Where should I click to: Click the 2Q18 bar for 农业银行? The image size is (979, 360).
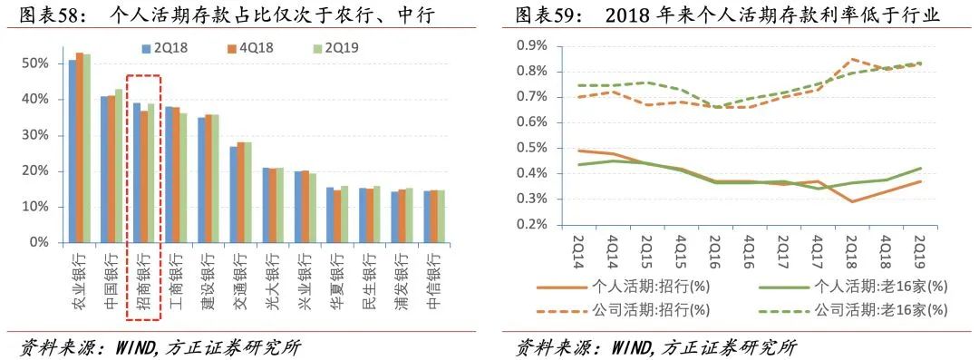[73, 151]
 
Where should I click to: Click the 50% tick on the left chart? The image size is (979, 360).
[35, 63]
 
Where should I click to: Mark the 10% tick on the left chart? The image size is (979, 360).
[35, 207]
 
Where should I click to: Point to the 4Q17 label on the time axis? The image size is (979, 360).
[817, 247]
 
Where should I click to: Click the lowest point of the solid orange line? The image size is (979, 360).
[852, 201]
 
